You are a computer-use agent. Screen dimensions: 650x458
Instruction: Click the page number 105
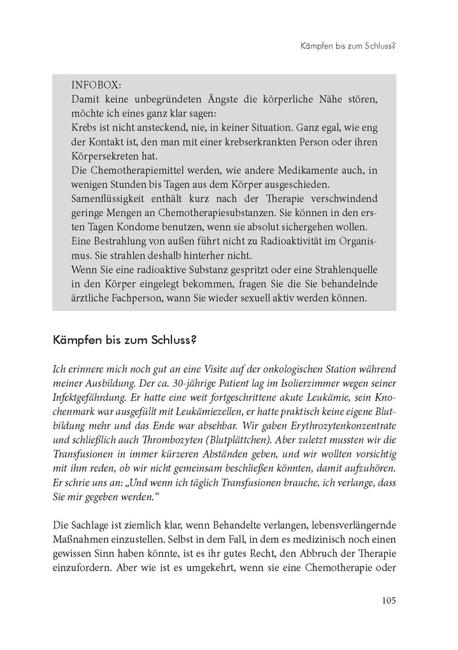click(389, 600)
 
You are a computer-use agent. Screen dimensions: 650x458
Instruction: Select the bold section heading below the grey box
click(124, 341)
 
